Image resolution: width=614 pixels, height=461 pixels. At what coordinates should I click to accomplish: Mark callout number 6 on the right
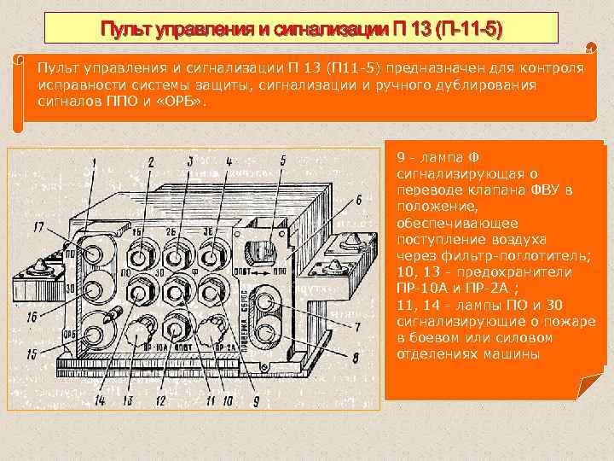click(358, 200)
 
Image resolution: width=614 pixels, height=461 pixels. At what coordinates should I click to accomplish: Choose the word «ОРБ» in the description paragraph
click(184, 102)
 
